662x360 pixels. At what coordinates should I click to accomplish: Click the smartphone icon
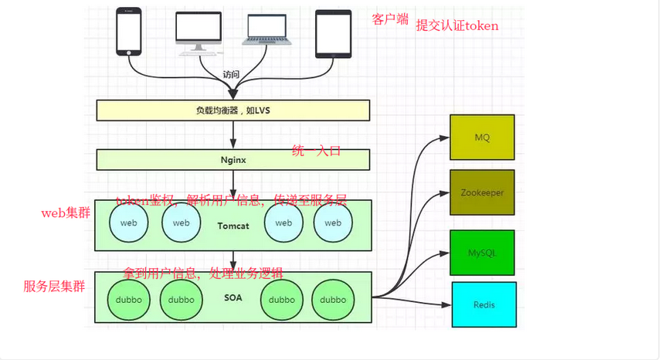pos(129,32)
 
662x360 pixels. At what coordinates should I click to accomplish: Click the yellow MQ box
pos(482,137)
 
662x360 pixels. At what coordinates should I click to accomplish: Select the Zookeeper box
pos(482,192)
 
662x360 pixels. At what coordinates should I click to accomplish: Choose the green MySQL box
pos(482,252)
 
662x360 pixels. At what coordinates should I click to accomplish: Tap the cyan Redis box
pos(484,304)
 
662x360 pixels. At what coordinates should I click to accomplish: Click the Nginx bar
pos(233,159)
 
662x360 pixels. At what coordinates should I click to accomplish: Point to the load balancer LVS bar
pos(233,110)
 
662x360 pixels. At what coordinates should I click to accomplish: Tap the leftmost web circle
pos(129,223)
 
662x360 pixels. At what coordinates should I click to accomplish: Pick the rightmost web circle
pos(333,223)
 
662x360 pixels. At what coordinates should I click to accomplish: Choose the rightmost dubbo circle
pos(333,300)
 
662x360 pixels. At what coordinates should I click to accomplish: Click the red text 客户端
pos(390,19)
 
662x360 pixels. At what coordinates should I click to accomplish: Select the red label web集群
pos(66,212)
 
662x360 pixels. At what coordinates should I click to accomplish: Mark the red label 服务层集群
pos(54,287)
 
